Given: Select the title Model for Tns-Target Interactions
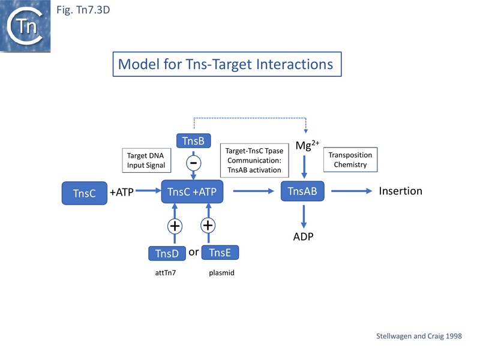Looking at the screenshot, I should click(x=227, y=64).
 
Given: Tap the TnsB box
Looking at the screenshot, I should click(x=193, y=141).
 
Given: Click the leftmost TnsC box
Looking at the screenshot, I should click(x=84, y=193).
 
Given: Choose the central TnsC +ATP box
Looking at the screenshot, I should click(x=192, y=192).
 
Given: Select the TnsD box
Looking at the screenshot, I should click(x=167, y=253).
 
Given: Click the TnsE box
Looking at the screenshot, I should click(x=220, y=253).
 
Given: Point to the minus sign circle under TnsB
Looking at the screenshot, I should click(x=194, y=163).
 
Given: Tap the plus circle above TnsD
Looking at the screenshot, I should click(x=174, y=226).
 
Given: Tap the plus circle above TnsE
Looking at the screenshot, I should click(x=208, y=226).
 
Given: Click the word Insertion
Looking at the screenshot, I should click(x=401, y=191).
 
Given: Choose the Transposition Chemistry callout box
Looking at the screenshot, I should click(x=350, y=160).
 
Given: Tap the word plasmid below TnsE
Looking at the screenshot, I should click(x=220, y=273).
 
